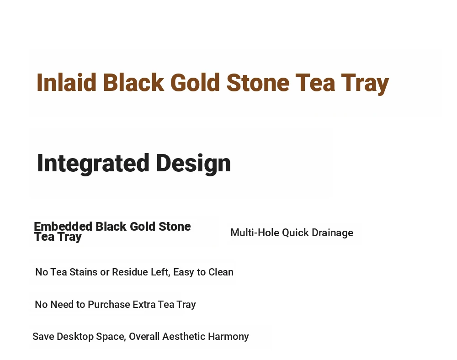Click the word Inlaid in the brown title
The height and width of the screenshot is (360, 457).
66,83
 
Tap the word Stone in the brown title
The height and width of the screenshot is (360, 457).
258,83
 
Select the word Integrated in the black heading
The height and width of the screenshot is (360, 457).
93,164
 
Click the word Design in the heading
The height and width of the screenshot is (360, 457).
193,164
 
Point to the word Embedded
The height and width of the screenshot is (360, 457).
63,227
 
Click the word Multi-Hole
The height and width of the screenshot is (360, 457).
255,233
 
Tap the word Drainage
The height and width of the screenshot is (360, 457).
333,233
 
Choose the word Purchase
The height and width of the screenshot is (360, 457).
109,304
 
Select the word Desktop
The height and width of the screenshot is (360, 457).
75,337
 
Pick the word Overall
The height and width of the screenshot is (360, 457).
144,336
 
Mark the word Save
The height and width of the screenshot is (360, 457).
43,336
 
